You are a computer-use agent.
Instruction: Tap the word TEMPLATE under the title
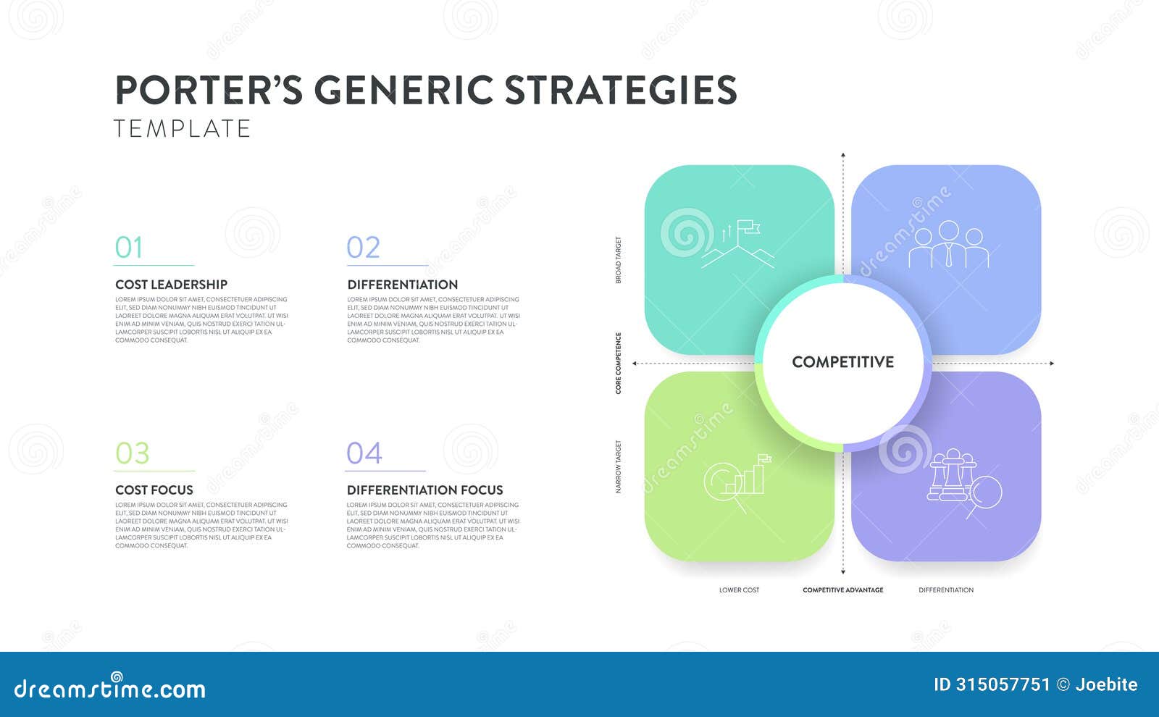coord(182,129)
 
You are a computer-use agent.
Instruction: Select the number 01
coord(129,248)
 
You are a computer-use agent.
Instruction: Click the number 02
coord(363,248)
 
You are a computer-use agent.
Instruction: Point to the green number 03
coord(132,453)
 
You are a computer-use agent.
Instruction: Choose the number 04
coord(364,453)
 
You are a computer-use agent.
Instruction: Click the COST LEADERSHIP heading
coord(171,285)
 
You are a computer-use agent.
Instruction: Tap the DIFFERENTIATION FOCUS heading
coord(424,490)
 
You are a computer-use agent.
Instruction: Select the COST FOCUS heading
coord(154,490)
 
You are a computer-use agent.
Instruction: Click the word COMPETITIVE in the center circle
coord(842,362)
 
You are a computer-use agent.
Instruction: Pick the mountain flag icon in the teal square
coord(737,245)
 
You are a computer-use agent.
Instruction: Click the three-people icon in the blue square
coord(948,245)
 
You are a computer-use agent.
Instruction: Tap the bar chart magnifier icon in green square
coord(737,482)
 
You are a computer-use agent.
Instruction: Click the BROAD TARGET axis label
coord(619,260)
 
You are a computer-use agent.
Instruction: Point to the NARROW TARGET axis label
coord(619,467)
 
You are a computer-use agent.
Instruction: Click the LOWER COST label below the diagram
coord(739,590)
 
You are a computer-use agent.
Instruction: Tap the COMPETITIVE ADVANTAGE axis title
coord(842,590)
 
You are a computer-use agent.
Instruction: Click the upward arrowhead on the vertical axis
coord(842,156)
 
